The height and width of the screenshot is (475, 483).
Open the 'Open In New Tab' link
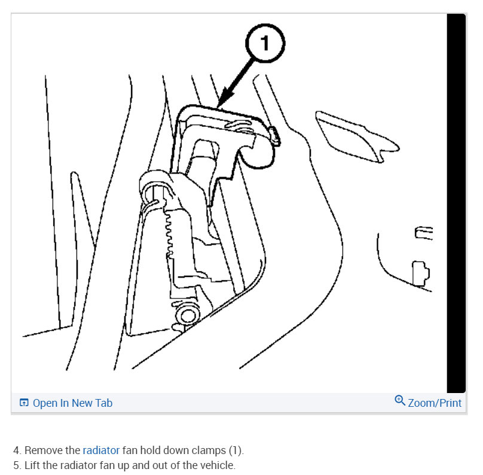coord(72,403)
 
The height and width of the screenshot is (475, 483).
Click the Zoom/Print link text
coord(435,403)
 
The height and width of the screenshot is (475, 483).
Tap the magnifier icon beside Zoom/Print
coord(400,401)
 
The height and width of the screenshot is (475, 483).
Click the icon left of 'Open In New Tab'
coord(24,403)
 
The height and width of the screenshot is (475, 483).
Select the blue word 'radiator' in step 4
coord(101,450)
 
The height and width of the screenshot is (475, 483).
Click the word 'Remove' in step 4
coord(44,450)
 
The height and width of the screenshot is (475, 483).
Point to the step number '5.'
coord(17,465)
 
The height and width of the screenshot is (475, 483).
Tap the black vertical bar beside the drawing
coord(456,203)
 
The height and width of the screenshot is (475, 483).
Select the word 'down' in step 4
coord(177,450)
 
